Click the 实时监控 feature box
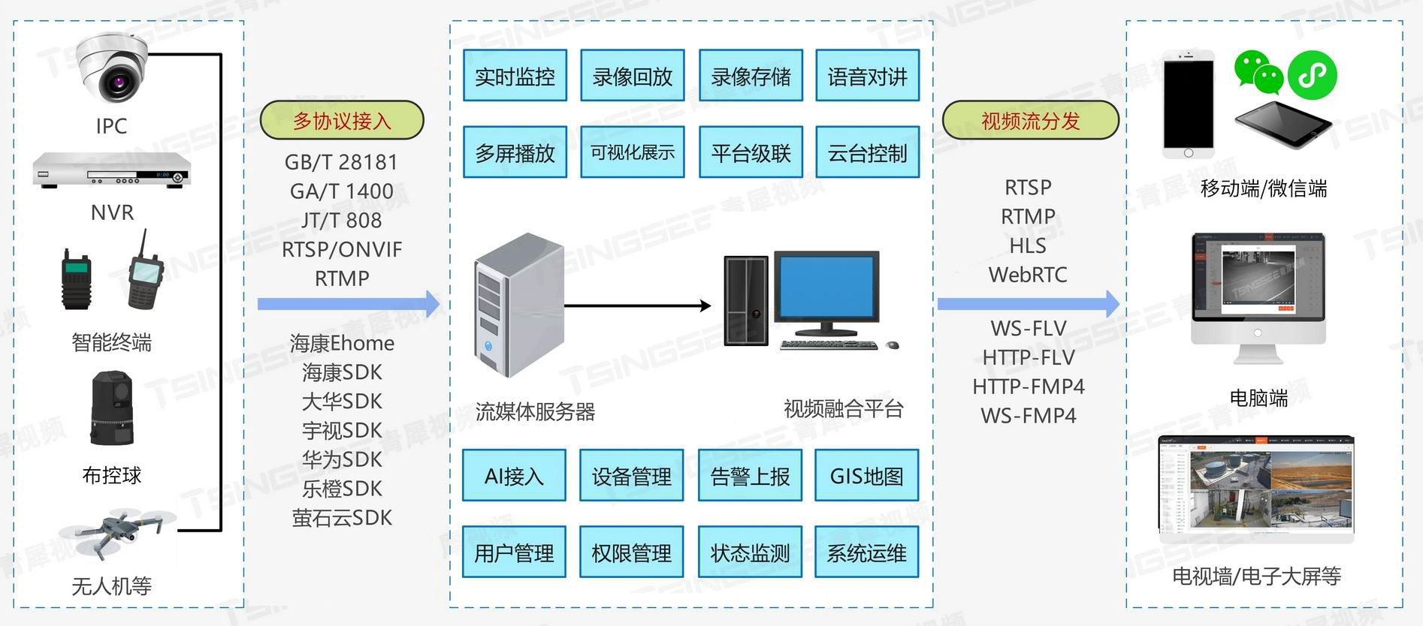515,76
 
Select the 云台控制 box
868,152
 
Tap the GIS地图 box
866,476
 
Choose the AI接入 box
514,476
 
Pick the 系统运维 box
866,552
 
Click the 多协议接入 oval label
342,120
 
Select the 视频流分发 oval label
1030,120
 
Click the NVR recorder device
111,170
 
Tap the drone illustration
116,532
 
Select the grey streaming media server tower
518,305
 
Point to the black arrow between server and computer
637,305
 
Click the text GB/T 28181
341,162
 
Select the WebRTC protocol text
1028,275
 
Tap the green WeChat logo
1258,73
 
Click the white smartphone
1188,104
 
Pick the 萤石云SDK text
342,518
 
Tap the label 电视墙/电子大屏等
1257,576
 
